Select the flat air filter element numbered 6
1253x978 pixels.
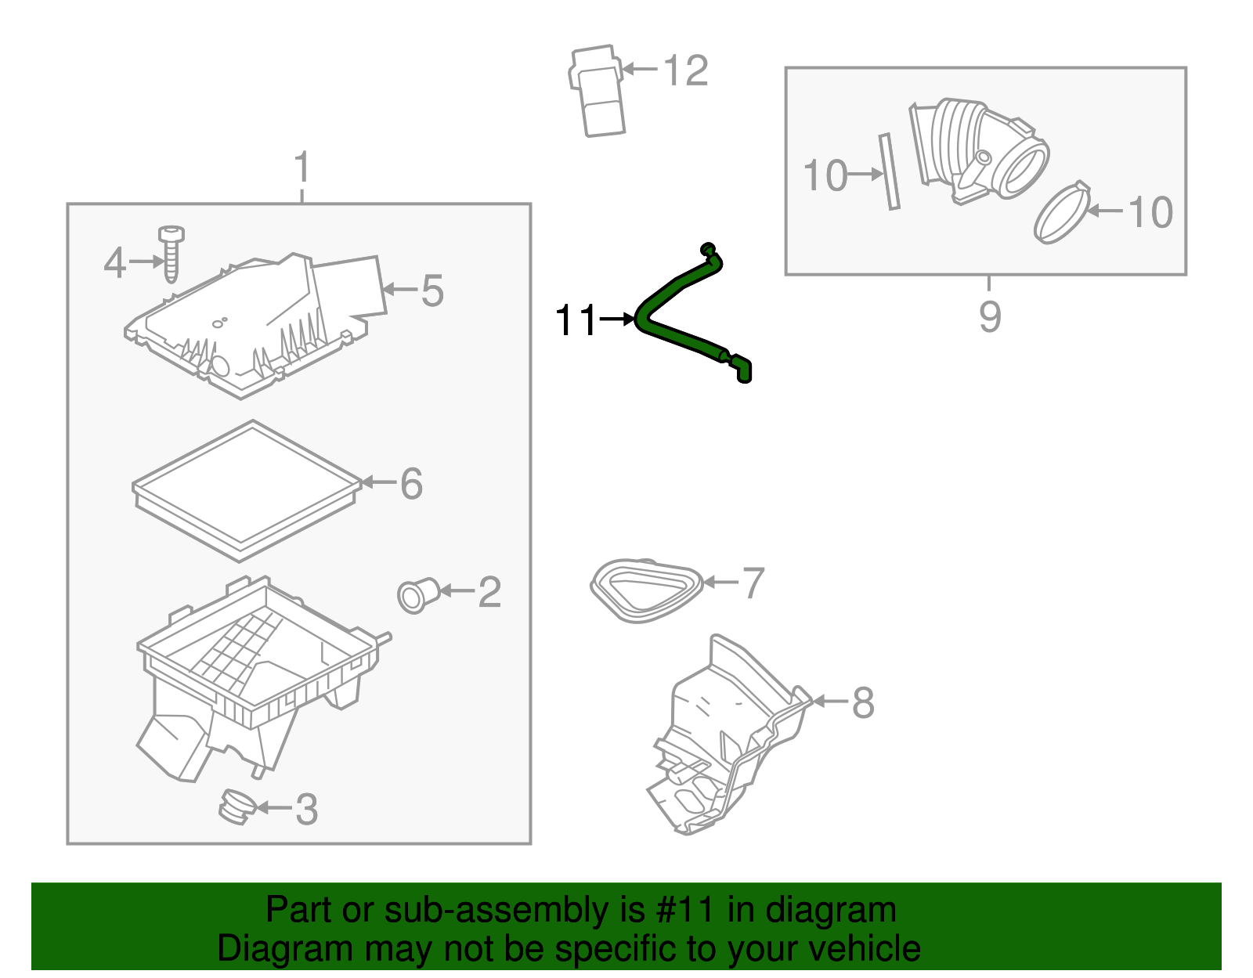click(x=246, y=489)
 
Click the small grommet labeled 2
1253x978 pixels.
click(x=416, y=596)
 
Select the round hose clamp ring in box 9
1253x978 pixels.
click(x=1062, y=213)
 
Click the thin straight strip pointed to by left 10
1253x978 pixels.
click(x=890, y=171)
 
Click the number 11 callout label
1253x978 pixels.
click(x=576, y=320)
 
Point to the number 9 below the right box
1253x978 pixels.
click(x=990, y=316)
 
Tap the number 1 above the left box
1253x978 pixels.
click(x=302, y=168)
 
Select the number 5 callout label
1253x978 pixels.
click(x=432, y=291)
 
